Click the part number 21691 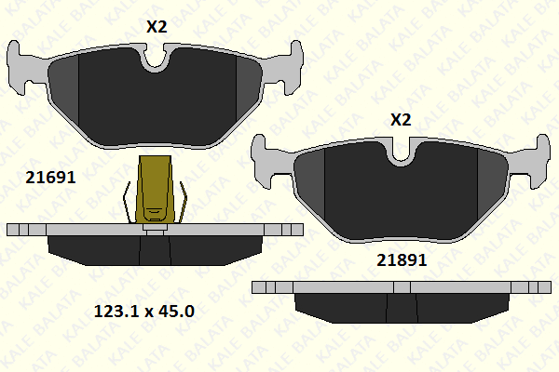click(x=50, y=178)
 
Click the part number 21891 click(x=402, y=260)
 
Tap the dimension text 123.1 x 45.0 click(x=144, y=312)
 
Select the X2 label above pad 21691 click(x=157, y=27)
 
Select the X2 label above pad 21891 click(x=401, y=120)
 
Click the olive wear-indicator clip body click(x=156, y=190)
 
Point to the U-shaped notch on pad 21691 click(x=155, y=59)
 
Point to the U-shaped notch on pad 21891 click(x=400, y=153)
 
